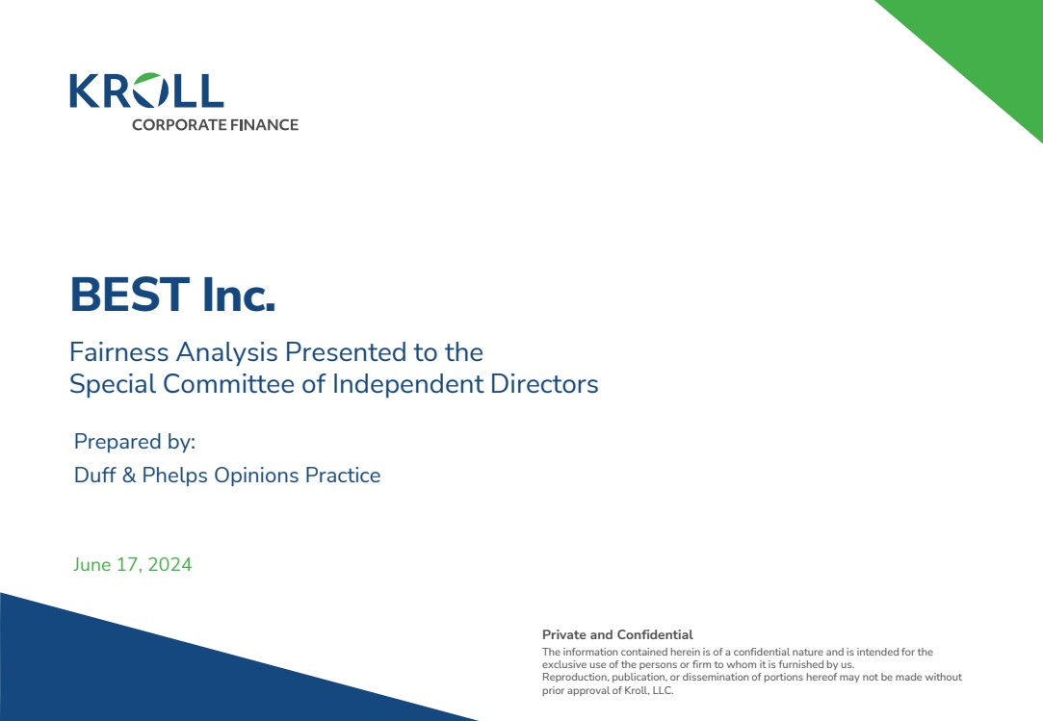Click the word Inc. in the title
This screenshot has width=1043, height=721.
239,295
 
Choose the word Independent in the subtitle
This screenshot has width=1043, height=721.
407,384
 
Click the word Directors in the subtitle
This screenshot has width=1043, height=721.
544,384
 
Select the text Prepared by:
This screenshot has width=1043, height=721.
135,442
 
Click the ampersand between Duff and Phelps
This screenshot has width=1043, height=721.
129,475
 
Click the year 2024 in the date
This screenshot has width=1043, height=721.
169,565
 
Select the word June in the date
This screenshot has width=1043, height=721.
91,565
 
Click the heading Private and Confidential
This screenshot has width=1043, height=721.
617,634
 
